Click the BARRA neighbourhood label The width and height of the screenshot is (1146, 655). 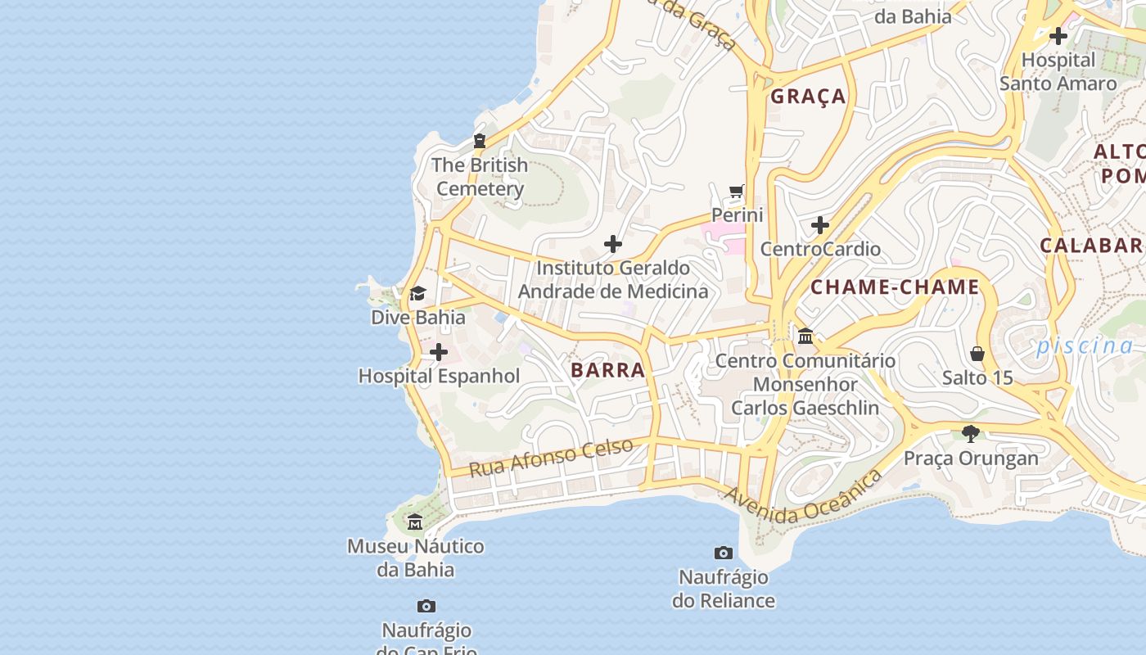(607, 370)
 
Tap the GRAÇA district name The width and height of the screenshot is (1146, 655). (808, 97)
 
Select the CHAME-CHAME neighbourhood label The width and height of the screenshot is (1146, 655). (895, 287)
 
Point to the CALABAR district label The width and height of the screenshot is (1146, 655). (1091, 246)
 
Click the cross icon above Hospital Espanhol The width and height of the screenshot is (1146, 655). (439, 352)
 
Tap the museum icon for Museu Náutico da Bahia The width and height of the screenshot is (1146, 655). (415, 522)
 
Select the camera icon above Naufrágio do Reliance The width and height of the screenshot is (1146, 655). (723, 553)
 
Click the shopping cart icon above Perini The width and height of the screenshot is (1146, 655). (737, 192)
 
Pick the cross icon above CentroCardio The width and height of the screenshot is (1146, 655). (819, 225)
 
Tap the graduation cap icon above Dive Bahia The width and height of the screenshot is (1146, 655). (417, 293)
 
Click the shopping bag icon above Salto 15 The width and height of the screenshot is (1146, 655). (977, 354)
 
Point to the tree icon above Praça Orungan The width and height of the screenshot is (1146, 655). (971, 433)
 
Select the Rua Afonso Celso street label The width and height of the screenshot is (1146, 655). (551, 458)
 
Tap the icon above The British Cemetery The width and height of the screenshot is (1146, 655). (480, 141)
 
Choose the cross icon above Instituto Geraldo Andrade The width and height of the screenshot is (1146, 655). (612, 244)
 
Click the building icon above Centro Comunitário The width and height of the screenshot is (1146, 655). (805, 336)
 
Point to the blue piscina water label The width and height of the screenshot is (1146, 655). (1085, 346)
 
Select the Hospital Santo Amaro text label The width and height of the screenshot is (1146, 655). (1058, 72)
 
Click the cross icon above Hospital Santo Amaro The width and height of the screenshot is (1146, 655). (1058, 36)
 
